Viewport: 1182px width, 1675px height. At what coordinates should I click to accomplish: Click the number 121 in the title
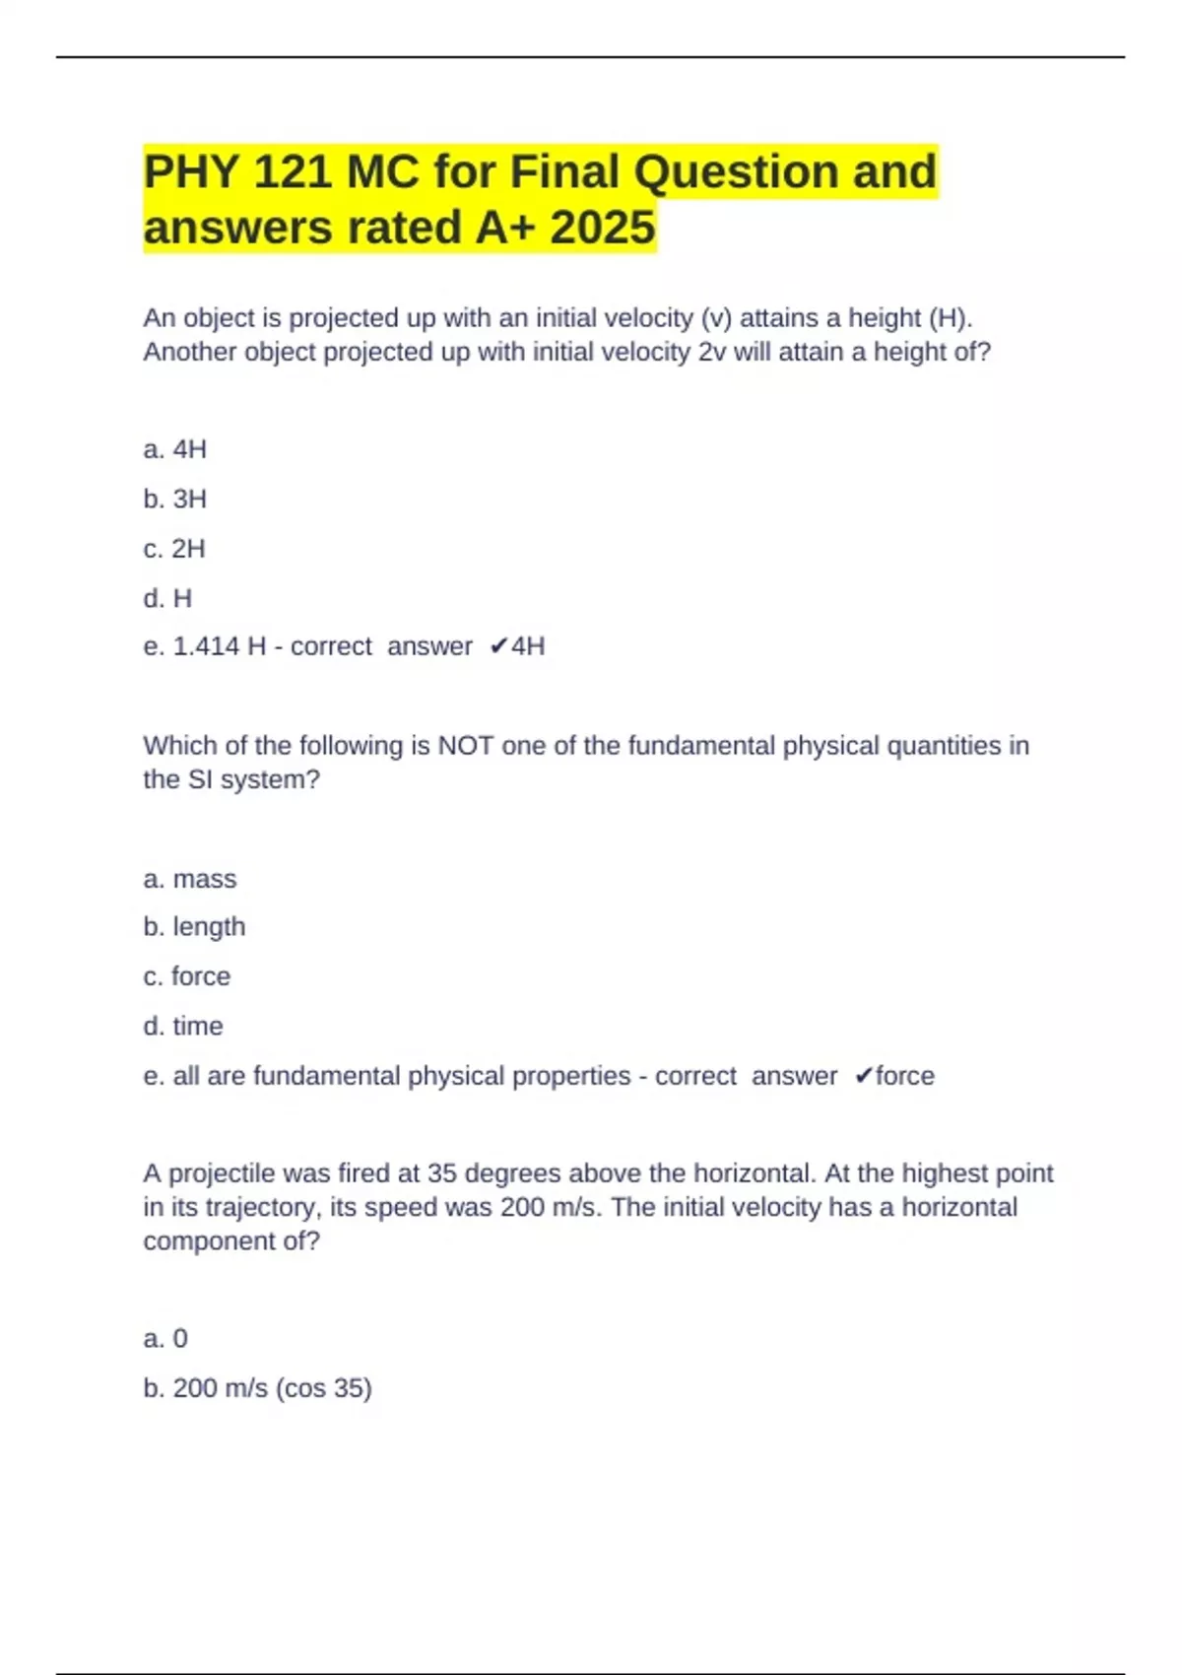click(x=293, y=172)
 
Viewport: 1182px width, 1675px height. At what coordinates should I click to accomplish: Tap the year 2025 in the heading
click(x=603, y=228)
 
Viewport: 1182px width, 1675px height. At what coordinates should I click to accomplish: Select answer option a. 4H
click(x=175, y=449)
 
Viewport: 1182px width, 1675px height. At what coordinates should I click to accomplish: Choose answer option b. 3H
click(x=175, y=500)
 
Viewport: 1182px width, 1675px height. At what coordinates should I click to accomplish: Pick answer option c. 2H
click(x=174, y=549)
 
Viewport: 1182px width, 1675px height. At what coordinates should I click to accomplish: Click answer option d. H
click(x=167, y=598)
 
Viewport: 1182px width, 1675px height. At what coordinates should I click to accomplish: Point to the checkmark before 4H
click(x=497, y=646)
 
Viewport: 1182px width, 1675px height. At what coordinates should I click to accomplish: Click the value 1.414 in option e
click(x=206, y=646)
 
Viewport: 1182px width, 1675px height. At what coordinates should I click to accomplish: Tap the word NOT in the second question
click(x=466, y=746)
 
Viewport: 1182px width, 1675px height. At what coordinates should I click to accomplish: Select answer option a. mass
click(x=190, y=879)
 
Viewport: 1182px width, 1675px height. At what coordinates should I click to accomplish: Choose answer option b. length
click(x=194, y=927)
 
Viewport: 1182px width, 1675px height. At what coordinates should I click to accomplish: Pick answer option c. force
click(x=187, y=976)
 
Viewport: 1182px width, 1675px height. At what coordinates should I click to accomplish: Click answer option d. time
click(x=183, y=1026)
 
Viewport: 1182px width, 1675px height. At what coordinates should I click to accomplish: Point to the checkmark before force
click(x=863, y=1076)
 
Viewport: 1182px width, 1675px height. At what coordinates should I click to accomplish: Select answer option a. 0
click(x=165, y=1338)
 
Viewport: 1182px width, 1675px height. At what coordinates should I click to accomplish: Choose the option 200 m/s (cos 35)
click(x=258, y=1388)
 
